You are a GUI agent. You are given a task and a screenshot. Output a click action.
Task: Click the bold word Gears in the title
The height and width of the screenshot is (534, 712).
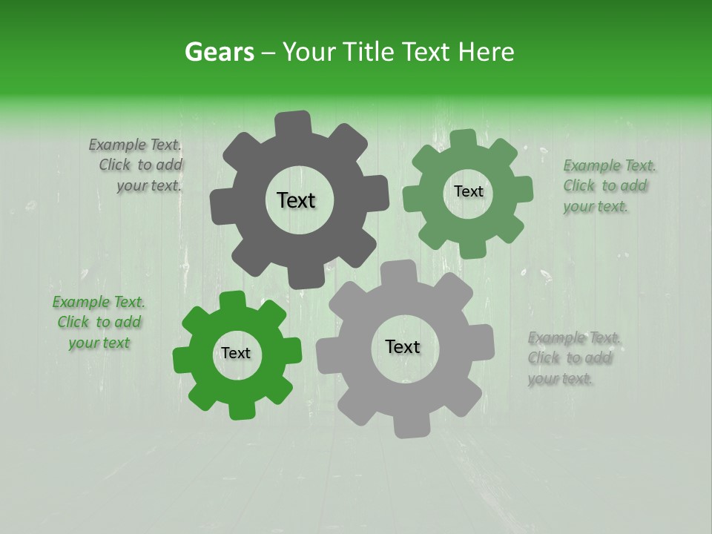tap(219, 52)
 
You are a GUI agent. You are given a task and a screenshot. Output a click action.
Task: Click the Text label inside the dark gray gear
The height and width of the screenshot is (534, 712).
tap(296, 200)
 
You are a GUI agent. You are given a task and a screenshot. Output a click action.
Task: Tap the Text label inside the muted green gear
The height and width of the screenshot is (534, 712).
tap(468, 191)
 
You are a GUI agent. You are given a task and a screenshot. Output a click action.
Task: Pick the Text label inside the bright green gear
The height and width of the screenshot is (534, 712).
tap(236, 353)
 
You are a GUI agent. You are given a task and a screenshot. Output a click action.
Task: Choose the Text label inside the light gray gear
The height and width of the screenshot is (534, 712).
tap(403, 346)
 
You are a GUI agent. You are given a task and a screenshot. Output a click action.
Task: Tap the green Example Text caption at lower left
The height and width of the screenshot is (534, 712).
tap(99, 322)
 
